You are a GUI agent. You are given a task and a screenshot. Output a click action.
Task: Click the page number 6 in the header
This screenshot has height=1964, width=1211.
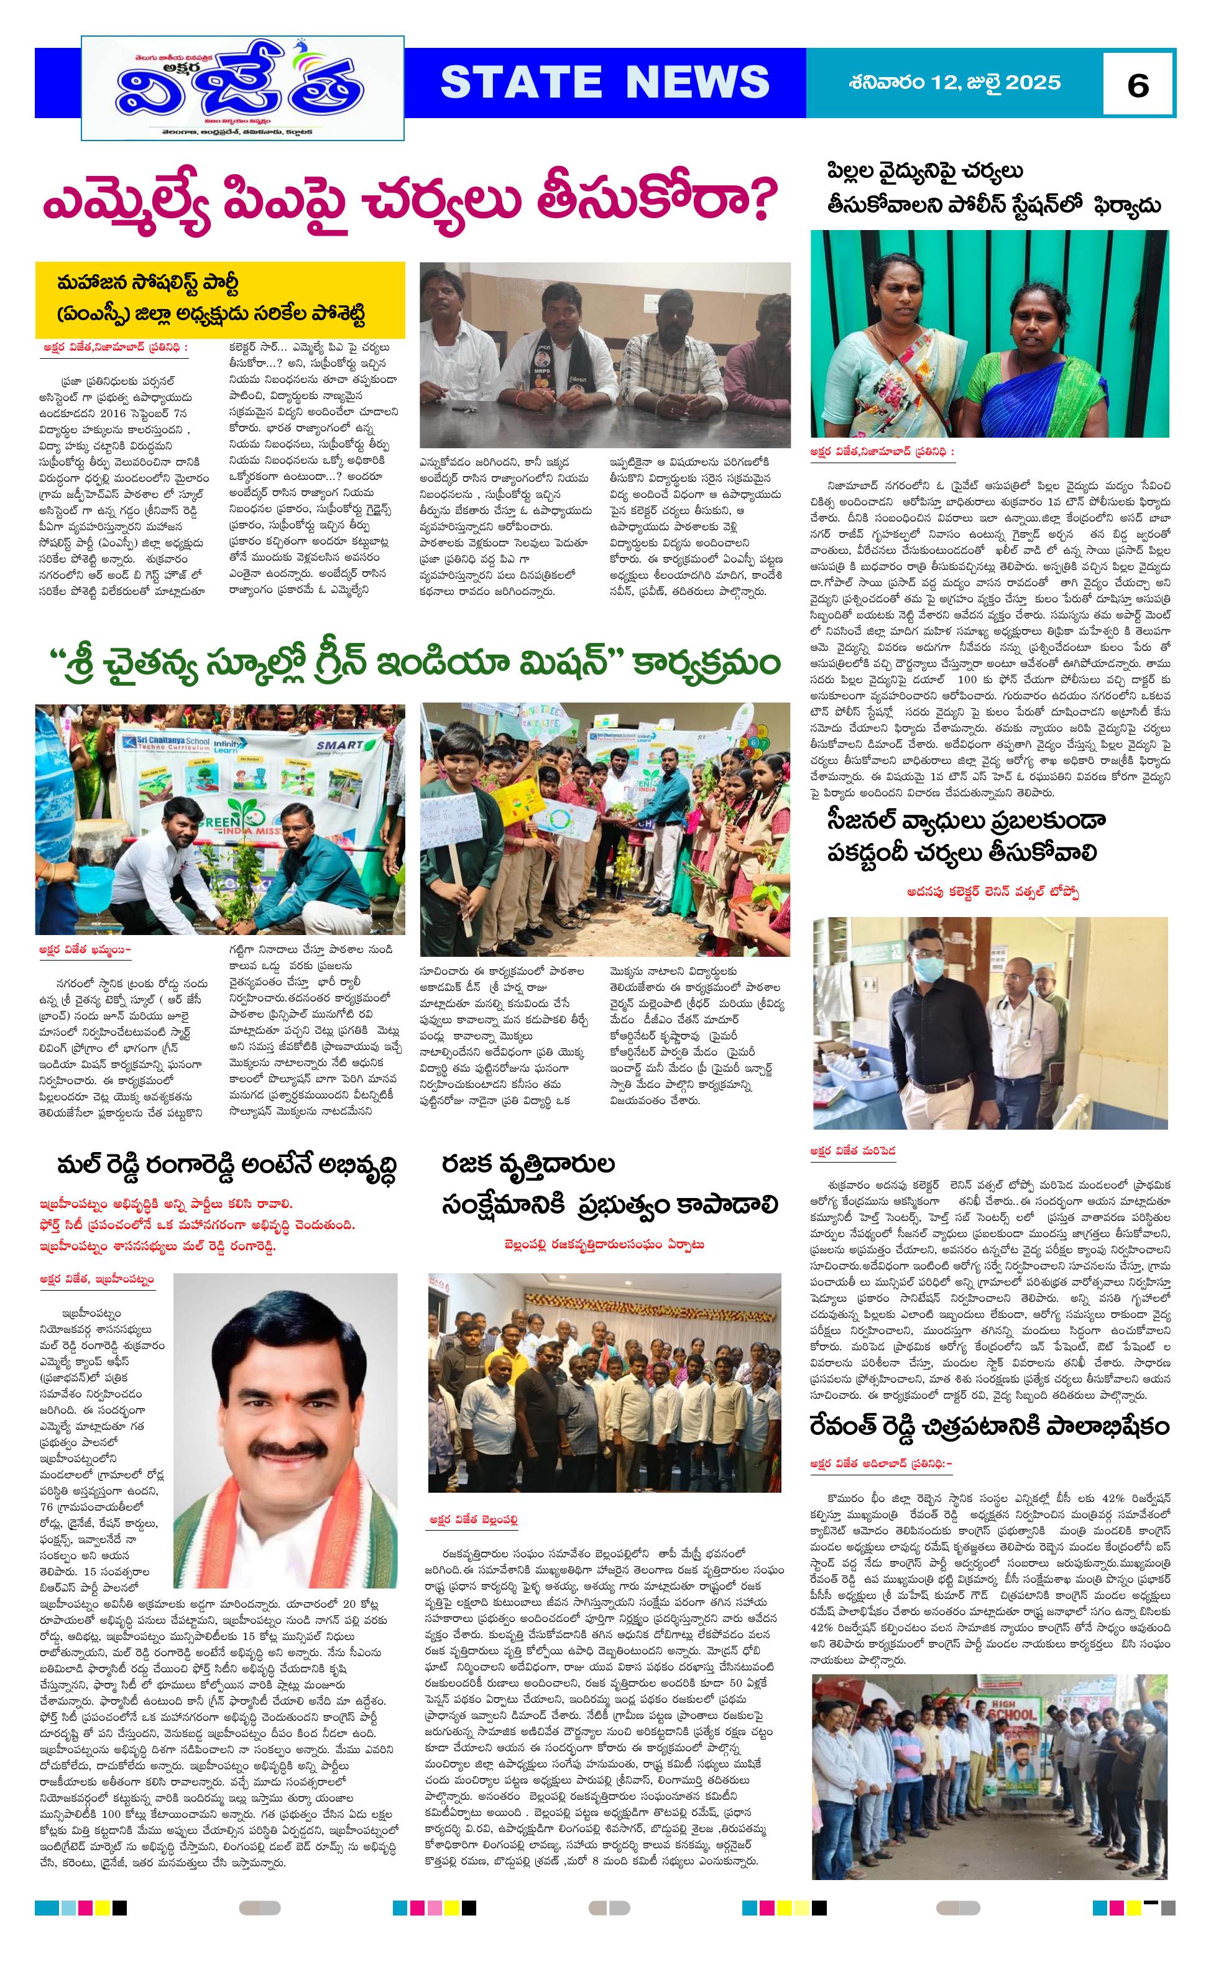pyautogui.click(x=1137, y=84)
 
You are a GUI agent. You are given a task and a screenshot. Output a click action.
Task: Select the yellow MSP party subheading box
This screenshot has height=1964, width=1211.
pyautogui.click(x=219, y=299)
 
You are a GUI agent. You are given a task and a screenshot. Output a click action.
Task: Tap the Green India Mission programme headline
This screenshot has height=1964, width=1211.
pyautogui.click(x=414, y=664)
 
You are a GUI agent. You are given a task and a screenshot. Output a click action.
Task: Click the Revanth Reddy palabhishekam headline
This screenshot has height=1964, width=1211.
pyautogui.click(x=989, y=1426)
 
